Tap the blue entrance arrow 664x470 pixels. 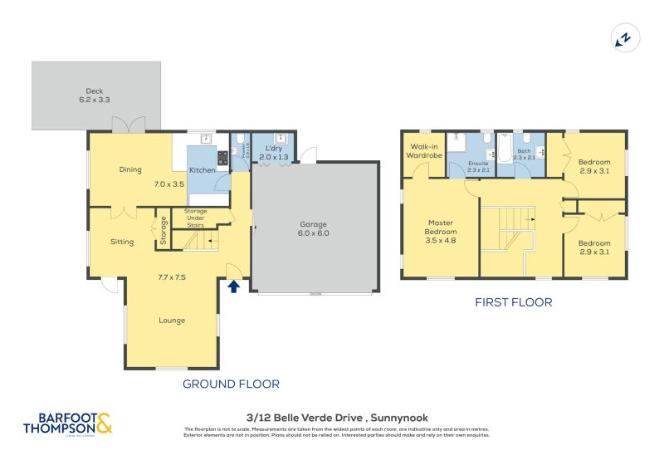(234, 286)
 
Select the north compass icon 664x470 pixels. (622, 37)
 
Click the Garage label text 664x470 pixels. (314, 228)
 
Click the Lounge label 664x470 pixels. (172, 320)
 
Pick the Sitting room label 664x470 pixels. (122, 242)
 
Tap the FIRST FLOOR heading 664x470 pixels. (512, 303)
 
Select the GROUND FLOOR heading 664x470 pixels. (231, 384)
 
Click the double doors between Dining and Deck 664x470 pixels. (129, 126)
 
